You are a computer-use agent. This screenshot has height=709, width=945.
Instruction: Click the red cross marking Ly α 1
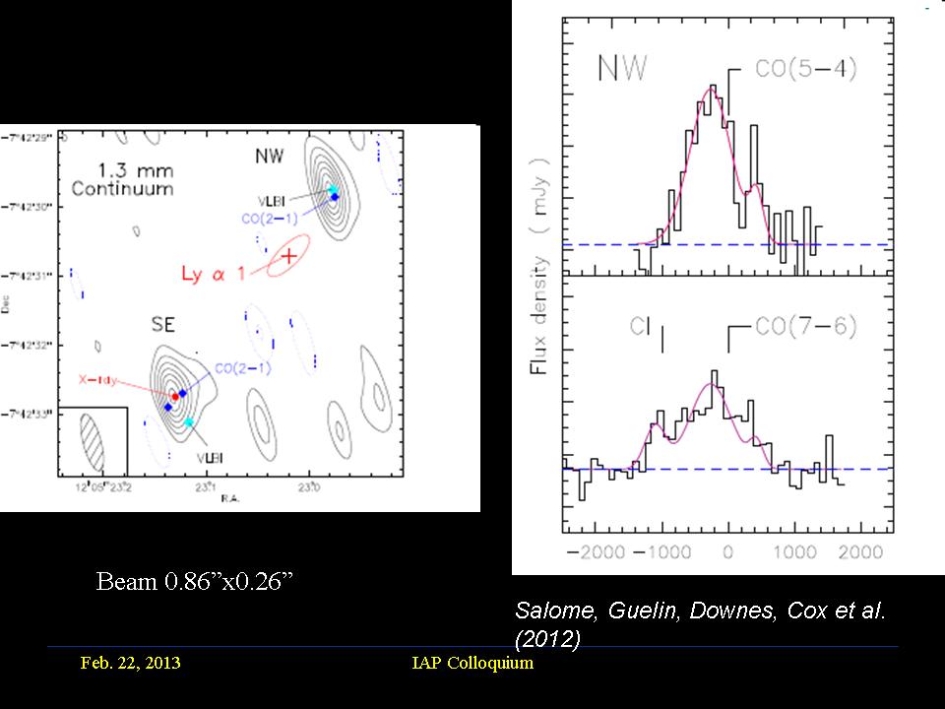point(289,257)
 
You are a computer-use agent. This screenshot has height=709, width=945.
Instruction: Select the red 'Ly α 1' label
point(216,273)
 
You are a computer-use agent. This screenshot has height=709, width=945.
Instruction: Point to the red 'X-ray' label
point(96,377)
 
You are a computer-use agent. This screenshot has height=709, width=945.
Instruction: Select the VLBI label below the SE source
point(208,458)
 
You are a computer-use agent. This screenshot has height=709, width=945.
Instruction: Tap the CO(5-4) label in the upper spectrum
point(792,70)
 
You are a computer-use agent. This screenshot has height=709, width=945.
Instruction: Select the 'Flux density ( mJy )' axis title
point(540,265)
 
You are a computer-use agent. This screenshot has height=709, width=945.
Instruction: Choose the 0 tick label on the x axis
point(728,550)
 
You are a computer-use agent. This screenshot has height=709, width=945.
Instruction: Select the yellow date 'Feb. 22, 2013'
point(131,663)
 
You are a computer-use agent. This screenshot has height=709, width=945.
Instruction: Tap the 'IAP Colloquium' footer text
point(472,663)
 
